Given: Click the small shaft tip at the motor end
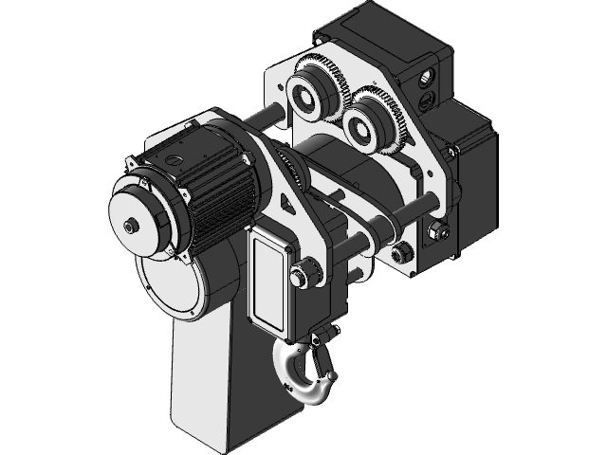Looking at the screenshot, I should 129,226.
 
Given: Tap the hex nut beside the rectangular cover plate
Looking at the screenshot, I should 301,276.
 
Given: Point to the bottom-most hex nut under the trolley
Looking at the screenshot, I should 402,251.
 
